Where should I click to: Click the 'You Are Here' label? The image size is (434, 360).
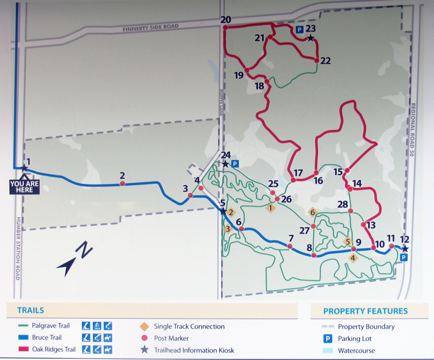click(x=24, y=186)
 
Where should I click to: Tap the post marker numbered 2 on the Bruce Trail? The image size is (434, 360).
click(x=123, y=184)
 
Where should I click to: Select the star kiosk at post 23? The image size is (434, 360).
click(x=310, y=38)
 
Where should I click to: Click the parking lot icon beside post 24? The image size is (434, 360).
click(x=234, y=163)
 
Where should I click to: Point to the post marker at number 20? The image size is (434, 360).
click(x=225, y=27)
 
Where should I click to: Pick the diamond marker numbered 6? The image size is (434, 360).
click(x=312, y=212)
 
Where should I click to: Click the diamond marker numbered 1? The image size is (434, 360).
click(x=270, y=207)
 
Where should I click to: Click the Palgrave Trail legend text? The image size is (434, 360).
click(x=52, y=326)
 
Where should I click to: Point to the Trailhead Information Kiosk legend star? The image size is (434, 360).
click(x=144, y=350)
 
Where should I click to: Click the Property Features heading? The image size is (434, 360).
click(x=365, y=311)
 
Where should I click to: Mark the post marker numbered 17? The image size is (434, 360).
click(x=293, y=180)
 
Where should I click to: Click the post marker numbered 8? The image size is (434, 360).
click(x=314, y=255)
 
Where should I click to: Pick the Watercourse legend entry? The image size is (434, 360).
click(x=356, y=350)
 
